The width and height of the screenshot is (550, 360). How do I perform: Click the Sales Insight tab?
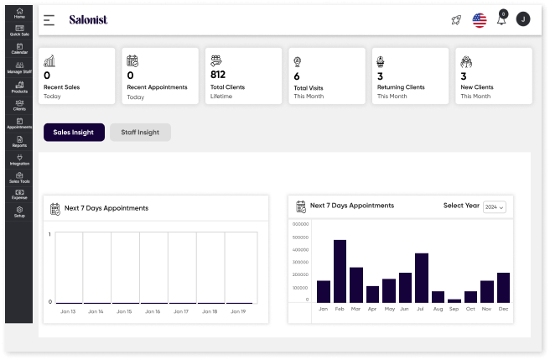click(x=74, y=132)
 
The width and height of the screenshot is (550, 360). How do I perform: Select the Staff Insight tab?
click(x=140, y=132)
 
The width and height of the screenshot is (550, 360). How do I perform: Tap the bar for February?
click(x=340, y=271)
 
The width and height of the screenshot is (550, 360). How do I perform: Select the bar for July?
click(x=422, y=278)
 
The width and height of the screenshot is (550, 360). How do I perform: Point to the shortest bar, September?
click(x=454, y=300)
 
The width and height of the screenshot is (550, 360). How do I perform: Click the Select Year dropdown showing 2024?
click(x=495, y=206)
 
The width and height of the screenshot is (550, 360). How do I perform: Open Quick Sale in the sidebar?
click(x=18, y=30)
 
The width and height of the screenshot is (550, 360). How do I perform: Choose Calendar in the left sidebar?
click(x=18, y=49)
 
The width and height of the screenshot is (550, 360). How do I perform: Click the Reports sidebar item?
click(x=18, y=142)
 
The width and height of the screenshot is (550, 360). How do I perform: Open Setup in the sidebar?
click(x=18, y=211)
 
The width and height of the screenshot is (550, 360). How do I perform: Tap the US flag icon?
click(x=480, y=20)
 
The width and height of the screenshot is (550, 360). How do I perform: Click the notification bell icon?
click(x=501, y=19)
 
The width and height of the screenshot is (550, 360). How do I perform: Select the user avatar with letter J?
click(x=523, y=19)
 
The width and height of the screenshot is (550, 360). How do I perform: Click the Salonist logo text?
click(x=88, y=19)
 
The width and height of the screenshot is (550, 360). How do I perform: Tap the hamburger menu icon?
click(x=49, y=19)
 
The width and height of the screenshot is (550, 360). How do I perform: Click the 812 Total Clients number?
click(x=218, y=75)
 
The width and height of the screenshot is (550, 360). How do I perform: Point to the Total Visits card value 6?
click(x=296, y=75)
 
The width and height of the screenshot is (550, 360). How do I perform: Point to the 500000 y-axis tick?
click(x=299, y=237)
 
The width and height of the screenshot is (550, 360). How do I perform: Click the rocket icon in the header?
click(x=456, y=19)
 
